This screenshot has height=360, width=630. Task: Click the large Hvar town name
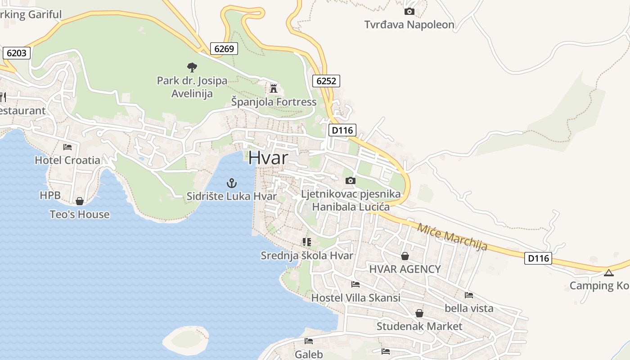(268, 157)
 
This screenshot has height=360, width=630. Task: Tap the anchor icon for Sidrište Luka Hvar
(231, 183)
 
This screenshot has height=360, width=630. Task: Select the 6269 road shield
(224, 49)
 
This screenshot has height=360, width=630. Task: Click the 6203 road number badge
(17, 53)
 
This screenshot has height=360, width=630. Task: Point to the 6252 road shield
(326, 81)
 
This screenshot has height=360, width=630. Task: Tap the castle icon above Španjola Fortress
(273, 88)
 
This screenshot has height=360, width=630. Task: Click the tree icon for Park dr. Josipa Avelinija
(192, 67)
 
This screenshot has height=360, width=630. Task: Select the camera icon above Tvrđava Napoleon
(409, 11)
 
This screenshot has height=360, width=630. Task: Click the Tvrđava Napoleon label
(409, 25)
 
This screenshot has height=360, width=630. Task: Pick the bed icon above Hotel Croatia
(67, 147)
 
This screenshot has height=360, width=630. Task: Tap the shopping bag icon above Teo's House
(80, 201)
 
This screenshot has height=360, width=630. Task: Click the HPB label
(49, 195)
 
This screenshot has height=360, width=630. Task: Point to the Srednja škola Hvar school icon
(307, 242)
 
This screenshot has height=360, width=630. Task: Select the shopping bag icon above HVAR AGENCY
(405, 256)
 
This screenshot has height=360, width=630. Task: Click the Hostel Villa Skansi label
(355, 298)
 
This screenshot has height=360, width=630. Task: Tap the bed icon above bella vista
(469, 295)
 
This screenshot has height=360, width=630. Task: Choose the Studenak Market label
(419, 326)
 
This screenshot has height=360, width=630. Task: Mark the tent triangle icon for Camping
(608, 272)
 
